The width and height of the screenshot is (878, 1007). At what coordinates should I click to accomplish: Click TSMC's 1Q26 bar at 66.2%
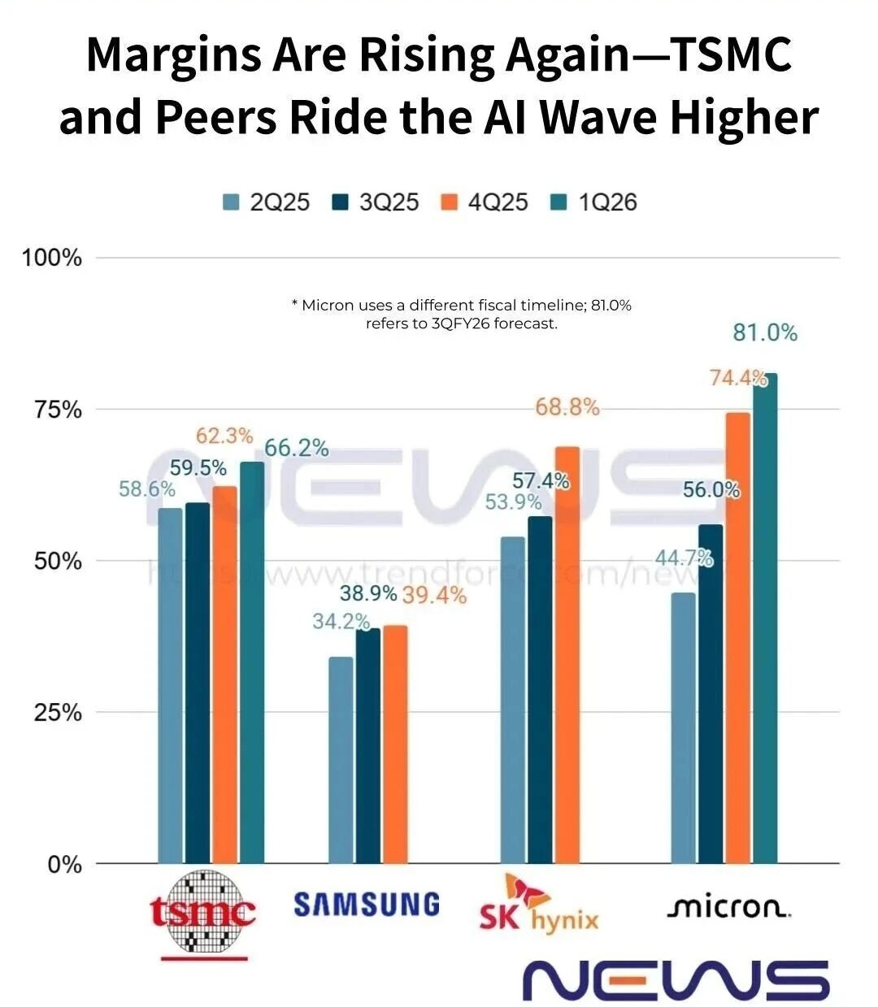[x=252, y=662]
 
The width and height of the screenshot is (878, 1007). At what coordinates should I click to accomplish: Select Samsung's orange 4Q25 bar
[x=395, y=744]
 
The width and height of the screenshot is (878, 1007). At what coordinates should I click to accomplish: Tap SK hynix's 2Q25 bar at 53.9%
[x=512, y=699]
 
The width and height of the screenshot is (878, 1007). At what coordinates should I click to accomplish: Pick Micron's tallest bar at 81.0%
[x=765, y=618]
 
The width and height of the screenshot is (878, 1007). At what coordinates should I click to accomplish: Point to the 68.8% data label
[x=567, y=407]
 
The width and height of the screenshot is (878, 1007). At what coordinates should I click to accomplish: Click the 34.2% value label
[x=341, y=622]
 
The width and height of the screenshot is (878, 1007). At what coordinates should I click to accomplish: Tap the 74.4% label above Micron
[x=738, y=378]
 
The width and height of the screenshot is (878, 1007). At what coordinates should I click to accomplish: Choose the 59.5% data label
[x=198, y=468]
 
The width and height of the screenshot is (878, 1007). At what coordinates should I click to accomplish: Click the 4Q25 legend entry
[x=485, y=202]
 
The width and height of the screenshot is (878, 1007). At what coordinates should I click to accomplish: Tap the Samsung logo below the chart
[x=367, y=905]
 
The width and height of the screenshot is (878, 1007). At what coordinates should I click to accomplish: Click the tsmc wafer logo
[x=203, y=912]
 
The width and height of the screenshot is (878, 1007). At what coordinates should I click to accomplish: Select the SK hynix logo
[x=538, y=906]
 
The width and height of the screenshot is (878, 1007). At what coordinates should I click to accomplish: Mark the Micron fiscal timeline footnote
[x=461, y=314]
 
